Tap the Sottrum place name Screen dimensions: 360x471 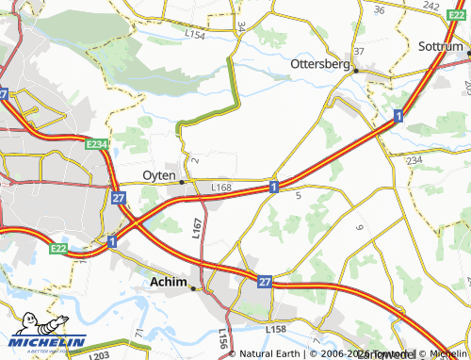point(443,45)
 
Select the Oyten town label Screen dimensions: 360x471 point(159,175)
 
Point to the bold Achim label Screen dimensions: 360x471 point(168,281)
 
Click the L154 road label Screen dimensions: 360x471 point(195,34)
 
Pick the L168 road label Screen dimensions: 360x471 point(221,188)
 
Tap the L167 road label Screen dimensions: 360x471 point(197,227)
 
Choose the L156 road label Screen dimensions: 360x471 point(223,338)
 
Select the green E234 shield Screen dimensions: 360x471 point(98,143)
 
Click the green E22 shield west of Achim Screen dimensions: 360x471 point(59,248)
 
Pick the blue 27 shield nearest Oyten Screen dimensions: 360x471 point(118,199)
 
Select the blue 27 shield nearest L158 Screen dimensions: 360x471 point(265,281)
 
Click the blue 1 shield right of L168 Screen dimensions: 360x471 point(273,187)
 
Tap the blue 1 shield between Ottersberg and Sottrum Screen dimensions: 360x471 point(398,115)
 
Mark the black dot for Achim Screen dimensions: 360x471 point(193,288)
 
